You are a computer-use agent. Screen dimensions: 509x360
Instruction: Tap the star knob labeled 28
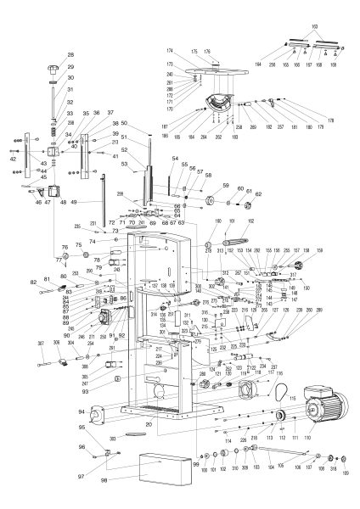click(59, 67)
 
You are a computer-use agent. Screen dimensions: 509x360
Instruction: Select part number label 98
click(104, 480)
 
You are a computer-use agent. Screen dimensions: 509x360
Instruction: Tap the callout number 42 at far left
click(13, 159)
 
